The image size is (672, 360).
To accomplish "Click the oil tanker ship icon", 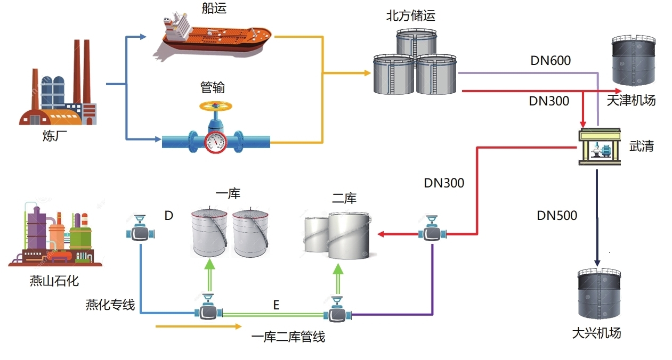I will pos(213,35).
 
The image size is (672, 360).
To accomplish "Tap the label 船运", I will pos(214,8).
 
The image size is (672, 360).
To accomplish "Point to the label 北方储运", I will pos(411,15).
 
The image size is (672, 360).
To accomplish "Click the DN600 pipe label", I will pos(550,61).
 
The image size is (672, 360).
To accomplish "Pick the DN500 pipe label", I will pos(557,216).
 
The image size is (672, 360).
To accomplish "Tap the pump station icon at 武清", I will pos(600,147).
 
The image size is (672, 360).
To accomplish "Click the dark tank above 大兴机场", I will pos(600,296).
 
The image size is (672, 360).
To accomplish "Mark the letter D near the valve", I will pos(169,216).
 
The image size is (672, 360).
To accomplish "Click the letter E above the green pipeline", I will pos(276,305).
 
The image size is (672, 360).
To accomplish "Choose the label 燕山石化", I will pos(54,280).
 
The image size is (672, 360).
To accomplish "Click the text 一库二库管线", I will pos(288,337).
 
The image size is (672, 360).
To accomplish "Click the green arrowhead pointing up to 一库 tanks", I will pos(210,264).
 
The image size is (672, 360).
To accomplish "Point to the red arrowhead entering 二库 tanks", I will pos(382,233).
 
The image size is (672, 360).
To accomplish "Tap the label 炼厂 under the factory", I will pos(54,136).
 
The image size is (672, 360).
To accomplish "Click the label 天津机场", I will pos(631,100).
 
